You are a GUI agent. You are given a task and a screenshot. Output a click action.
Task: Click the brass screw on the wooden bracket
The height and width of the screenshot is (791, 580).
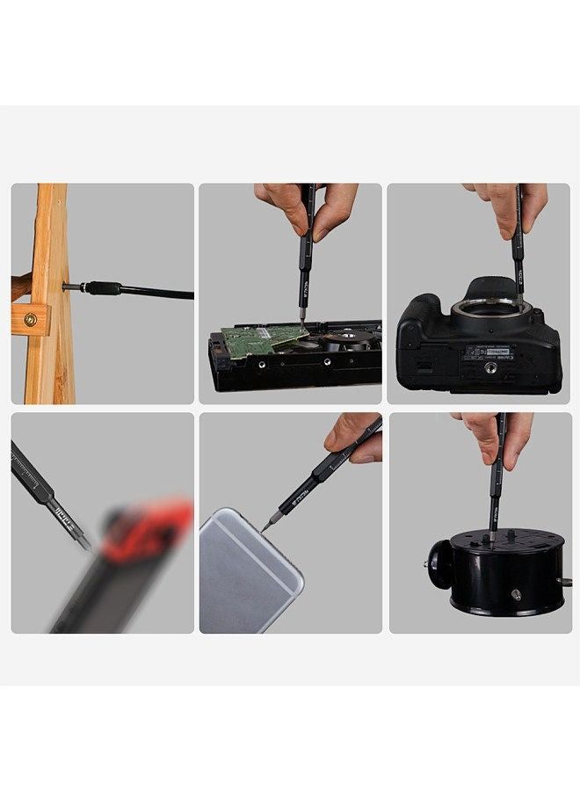click(31, 320)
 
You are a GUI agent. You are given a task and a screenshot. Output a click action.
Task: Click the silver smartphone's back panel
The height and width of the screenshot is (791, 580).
click(249, 571)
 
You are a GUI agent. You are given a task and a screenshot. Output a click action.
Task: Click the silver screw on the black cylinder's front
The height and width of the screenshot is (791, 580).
click(517, 594)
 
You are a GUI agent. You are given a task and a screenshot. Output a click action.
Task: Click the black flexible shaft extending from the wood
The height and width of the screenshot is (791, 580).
click(158, 293)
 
